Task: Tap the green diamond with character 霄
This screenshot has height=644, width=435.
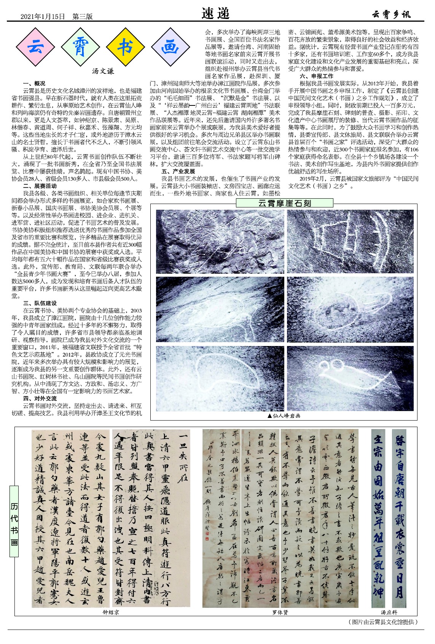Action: [x=81, y=47]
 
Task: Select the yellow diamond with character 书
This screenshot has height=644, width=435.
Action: [x=125, y=47]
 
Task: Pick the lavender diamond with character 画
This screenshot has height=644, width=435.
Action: [x=170, y=47]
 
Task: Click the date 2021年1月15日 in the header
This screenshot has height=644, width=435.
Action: [x=43, y=16]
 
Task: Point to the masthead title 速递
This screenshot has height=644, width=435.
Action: [x=215, y=14]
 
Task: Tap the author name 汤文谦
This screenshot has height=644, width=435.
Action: [x=103, y=71]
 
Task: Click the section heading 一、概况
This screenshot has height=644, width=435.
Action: [x=34, y=83]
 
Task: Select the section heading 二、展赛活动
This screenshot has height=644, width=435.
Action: [x=40, y=186]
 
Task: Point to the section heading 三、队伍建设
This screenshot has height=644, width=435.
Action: [x=40, y=303]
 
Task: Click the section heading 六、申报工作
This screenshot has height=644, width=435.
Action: [x=316, y=76]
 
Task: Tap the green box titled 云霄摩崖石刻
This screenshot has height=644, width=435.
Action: [x=284, y=203]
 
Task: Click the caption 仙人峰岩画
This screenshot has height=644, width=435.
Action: [x=284, y=416]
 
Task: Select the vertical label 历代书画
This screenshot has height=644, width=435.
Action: [x=14, y=521]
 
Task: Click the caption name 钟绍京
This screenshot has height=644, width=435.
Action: [x=111, y=612]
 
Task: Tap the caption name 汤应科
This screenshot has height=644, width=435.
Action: [x=389, y=612]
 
